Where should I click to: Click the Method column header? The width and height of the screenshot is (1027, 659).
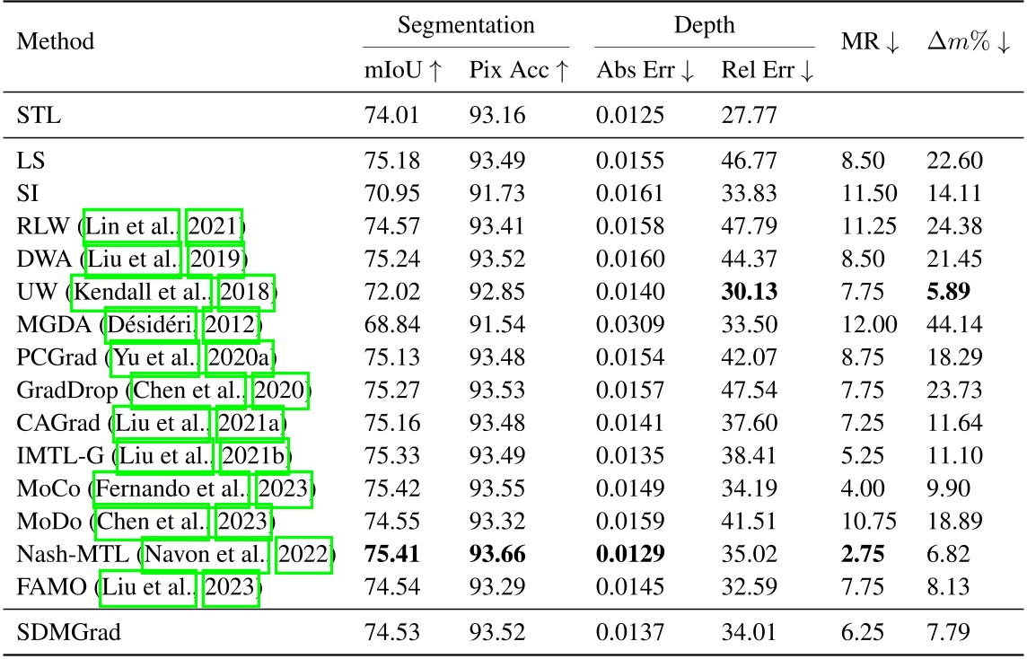tap(56, 41)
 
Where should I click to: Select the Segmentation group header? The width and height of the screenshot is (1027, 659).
tap(466, 25)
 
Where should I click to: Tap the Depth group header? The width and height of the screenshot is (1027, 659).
tap(705, 25)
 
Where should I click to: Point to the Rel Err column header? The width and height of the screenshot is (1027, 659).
tap(768, 72)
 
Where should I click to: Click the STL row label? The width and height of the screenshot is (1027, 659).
tap(36, 114)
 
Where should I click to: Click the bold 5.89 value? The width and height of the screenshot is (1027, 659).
tap(950, 292)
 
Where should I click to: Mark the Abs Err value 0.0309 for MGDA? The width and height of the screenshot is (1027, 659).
tap(631, 324)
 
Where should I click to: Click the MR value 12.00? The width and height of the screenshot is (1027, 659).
tap(865, 324)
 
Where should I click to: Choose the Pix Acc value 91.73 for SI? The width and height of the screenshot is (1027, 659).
tap(500, 195)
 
